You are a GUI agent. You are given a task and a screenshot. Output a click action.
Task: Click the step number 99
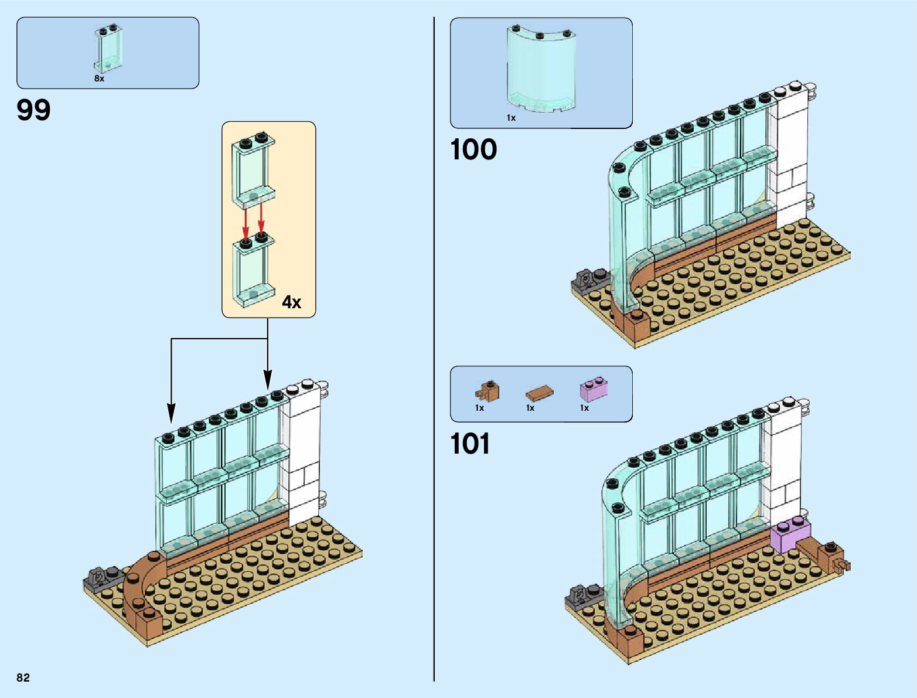point(34,110)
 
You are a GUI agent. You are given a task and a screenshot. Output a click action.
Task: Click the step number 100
point(473,149)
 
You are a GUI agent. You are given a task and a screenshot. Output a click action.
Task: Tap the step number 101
point(470,444)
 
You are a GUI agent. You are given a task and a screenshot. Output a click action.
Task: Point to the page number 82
point(23,677)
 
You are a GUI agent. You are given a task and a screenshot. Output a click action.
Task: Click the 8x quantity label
point(99,79)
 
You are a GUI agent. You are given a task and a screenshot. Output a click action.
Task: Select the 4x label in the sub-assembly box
point(291,302)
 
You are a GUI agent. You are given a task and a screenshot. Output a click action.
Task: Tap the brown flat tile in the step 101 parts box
point(538,393)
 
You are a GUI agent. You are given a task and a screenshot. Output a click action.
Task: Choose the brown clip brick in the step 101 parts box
point(488,390)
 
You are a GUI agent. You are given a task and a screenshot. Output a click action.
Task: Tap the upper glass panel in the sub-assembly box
point(254,170)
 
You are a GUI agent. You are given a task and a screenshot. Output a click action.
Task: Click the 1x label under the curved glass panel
point(511,118)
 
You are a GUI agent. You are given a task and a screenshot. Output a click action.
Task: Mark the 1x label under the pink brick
point(584,408)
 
